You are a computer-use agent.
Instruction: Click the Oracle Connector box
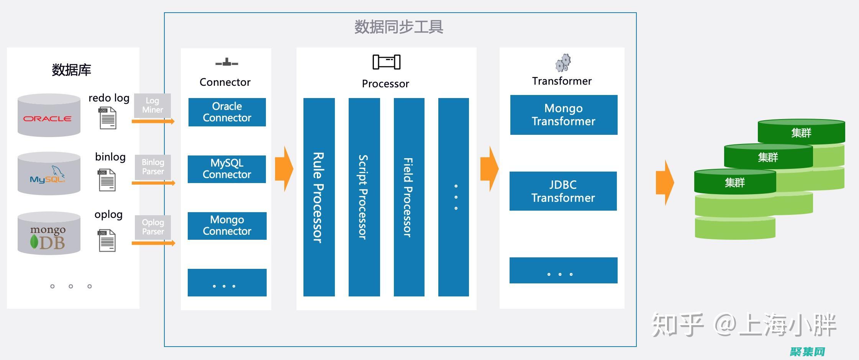(227, 112)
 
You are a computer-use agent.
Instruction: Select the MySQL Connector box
(227, 169)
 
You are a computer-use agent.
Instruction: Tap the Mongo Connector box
(227, 226)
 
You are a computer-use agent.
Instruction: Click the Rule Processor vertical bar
(319, 197)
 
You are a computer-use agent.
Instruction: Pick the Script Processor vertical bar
(364, 197)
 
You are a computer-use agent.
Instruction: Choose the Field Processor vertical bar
(409, 197)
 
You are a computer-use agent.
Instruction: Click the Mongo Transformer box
(564, 115)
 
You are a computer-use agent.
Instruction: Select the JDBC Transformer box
(563, 191)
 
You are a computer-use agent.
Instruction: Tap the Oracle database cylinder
(49, 115)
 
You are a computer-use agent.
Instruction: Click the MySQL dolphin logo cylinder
(49, 174)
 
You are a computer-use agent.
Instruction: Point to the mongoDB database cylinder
(49, 234)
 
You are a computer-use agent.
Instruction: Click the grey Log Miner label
(152, 105)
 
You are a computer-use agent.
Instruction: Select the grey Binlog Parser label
(152, 167)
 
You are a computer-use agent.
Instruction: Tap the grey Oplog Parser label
(152, 227)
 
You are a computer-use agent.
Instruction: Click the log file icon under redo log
(108, 118)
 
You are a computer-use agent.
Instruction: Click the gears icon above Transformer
(563, 63)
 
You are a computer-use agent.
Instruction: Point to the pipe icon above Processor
(386, 62)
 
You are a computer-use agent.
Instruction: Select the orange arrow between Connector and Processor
(284, 169)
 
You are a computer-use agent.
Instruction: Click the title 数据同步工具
(398, 27)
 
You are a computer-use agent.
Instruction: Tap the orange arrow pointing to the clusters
(665, 183)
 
